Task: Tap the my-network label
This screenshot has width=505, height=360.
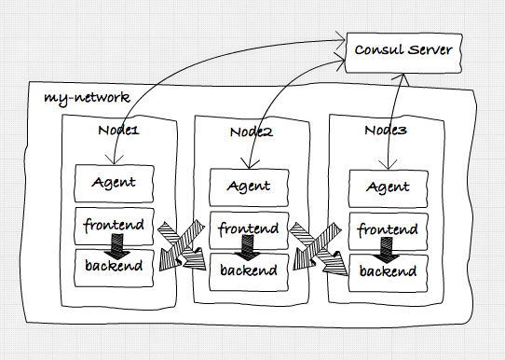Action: tap(86, 97)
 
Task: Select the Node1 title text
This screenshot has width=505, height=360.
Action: tap(118, 131)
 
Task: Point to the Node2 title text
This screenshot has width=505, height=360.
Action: tap(251, 132)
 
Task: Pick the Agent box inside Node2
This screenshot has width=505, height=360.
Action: tap(248, 186)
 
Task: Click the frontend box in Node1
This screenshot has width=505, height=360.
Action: tap(114, 225)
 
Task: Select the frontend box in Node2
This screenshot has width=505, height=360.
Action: tap(248, 229)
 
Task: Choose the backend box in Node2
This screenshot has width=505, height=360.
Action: tap(248, 270)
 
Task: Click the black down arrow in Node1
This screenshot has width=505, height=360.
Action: tap(116, 246)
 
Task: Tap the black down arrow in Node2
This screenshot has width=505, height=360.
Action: tap(248, 250)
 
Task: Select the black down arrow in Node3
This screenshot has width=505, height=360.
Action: tap(381, 250)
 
